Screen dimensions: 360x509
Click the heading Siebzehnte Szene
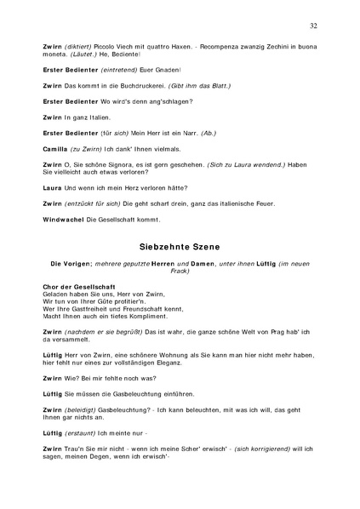180,246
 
